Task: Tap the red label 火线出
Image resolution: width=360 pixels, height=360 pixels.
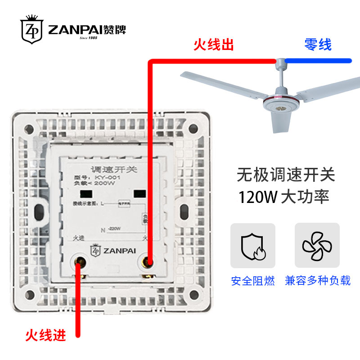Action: (213, 45)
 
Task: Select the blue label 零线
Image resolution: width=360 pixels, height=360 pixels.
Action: (317, 45)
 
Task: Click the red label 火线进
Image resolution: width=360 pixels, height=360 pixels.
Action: (45, 335)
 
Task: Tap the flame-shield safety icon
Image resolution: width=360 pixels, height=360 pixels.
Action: (252, 246)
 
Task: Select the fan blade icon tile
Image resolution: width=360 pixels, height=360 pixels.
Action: (317, 246)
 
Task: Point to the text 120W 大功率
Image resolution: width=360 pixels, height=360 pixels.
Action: (284, 197)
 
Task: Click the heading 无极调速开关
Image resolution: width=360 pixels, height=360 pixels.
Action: (286, 175)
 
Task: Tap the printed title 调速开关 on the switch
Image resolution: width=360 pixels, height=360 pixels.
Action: (108, 170)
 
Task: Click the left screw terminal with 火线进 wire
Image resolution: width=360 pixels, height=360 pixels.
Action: (80, 261)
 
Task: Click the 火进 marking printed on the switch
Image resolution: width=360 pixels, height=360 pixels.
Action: (79, 237)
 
